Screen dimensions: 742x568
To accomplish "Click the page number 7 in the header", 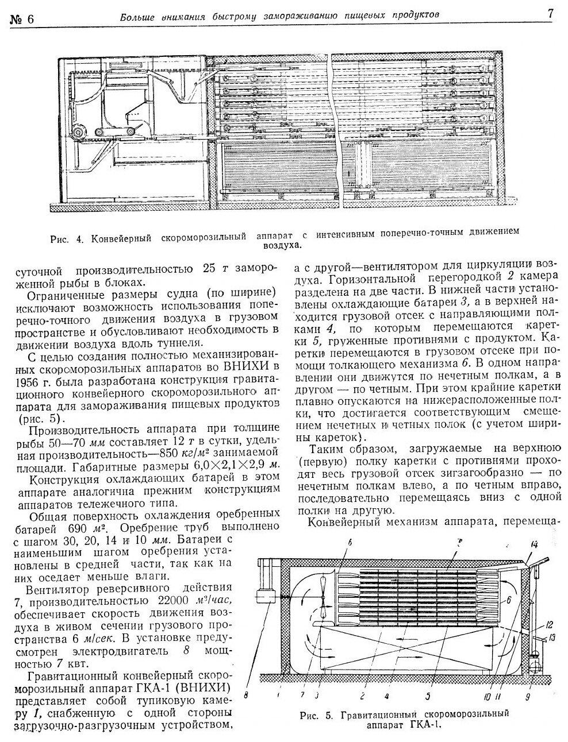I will pos(550,14).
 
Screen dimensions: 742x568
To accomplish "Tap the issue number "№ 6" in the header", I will pos(22,18).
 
